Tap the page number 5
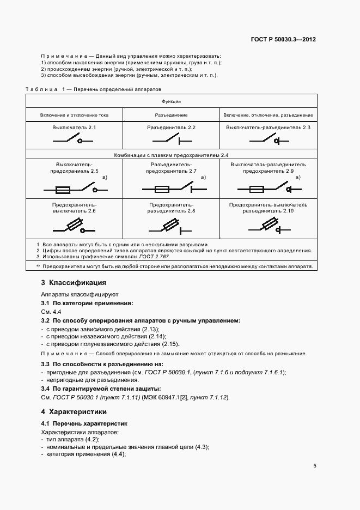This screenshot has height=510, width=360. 315,466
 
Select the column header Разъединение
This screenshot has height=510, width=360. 172,116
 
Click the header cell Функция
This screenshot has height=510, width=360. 171,101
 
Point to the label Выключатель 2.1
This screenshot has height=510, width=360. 74,127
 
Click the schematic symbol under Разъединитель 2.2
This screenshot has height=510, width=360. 172,141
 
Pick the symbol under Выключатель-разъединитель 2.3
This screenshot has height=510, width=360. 269,141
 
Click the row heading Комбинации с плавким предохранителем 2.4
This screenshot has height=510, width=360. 171,155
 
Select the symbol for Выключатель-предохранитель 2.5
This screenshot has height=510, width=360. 74,190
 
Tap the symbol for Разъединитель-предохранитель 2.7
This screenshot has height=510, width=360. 172,190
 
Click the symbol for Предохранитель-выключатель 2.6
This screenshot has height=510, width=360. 74,225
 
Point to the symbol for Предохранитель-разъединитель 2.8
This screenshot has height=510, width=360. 172,225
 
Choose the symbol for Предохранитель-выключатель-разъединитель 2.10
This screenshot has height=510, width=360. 269,225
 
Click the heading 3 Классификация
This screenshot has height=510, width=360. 74,283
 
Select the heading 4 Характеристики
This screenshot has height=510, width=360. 74,411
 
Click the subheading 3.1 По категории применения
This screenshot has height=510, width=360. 87,302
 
